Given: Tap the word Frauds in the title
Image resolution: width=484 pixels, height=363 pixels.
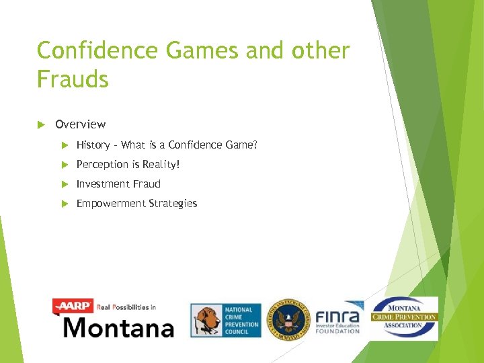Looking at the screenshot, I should click(x=73, y=80).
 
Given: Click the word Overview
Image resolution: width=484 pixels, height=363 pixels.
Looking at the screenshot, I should click(x=80, y=124).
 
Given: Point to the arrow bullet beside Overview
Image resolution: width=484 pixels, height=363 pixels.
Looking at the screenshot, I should click(x=40, y=124).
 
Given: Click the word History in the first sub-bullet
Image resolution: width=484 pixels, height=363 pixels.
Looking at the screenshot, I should click(x=93, y=145).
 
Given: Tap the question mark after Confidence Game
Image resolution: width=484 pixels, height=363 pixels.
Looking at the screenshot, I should click(x=255, y=145).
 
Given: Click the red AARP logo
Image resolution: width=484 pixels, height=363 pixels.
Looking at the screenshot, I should click(x=73, y=307).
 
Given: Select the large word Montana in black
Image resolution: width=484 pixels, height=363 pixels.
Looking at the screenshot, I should click(x=118, y=327).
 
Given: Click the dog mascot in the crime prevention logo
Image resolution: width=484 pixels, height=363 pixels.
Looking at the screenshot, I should click(x=206, y=320).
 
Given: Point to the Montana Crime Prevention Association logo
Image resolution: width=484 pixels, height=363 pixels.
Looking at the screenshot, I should click(x=405, y=317).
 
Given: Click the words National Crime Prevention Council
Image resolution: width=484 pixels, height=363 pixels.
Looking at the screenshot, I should click(x=240, y=320).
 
